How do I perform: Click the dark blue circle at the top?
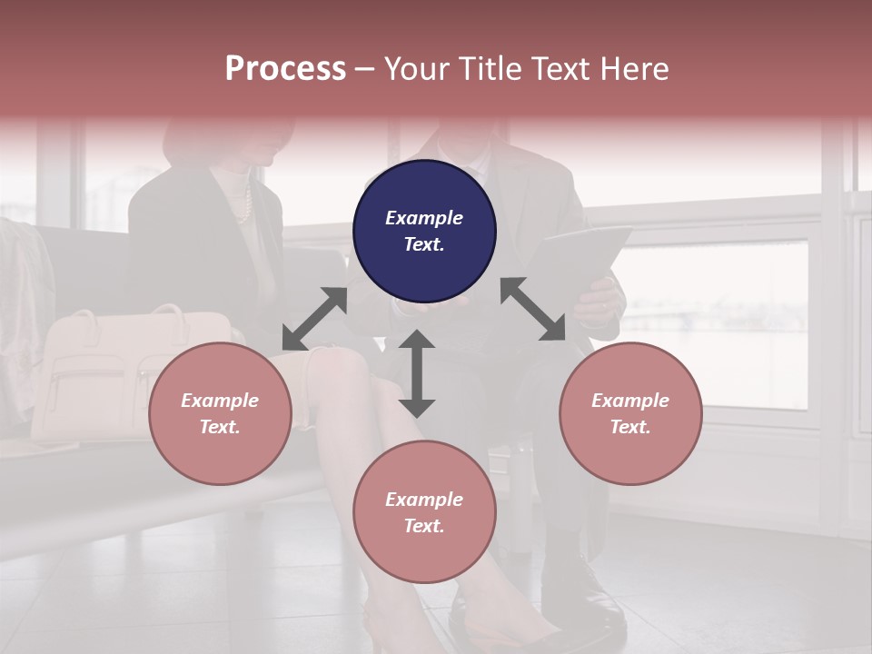coord(424,232)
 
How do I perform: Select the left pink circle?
coord(220,413)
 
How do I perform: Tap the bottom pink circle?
coord(424,512)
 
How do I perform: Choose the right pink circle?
coord(630,413)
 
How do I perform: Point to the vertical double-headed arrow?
coord(417,373)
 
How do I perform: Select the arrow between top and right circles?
coord(533,309)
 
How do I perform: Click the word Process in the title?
coord(285,68)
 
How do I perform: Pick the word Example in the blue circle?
coord(424,218)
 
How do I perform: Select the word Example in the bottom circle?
coord(424,500)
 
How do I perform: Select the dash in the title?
coord(364,69)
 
